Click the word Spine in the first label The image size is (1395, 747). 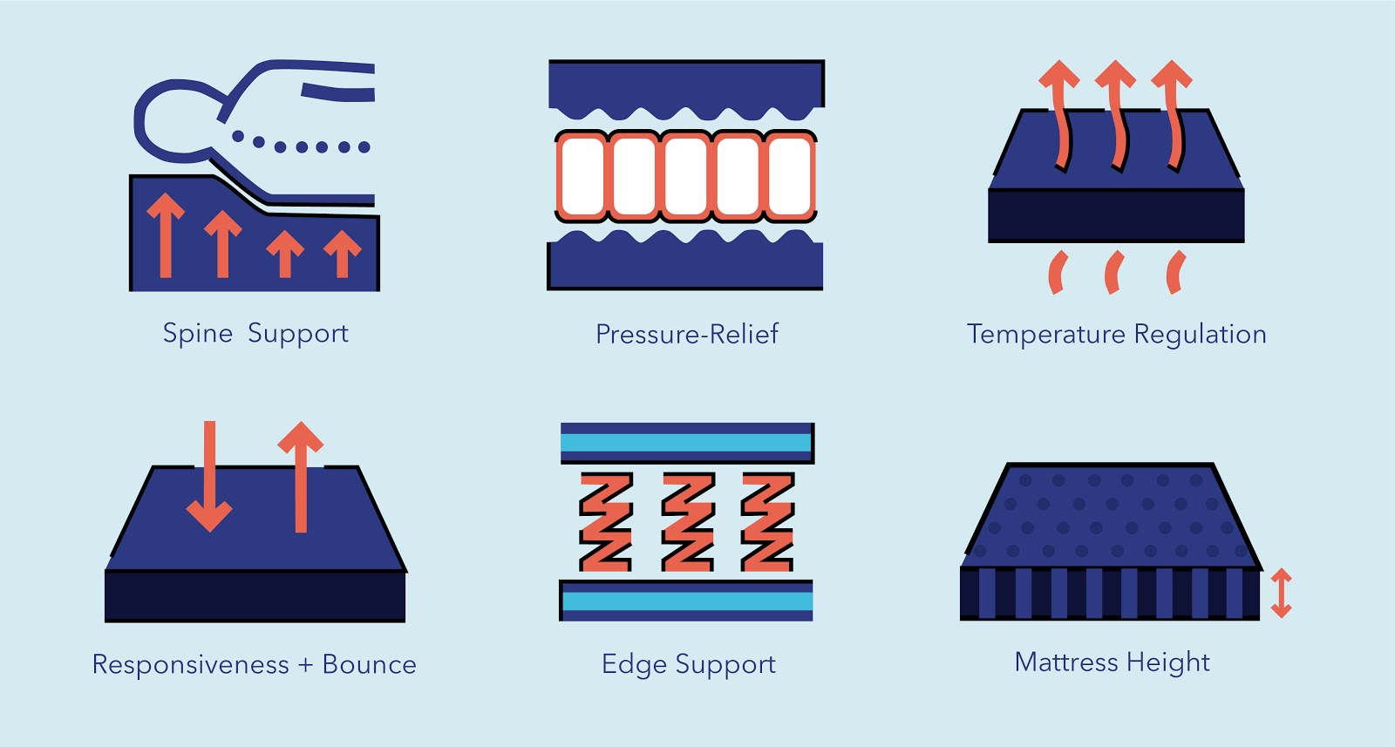tap(197, 335)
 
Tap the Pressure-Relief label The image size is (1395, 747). tap(687, 335)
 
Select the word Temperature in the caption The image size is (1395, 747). tap(1045, 335)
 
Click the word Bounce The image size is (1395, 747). tap(370, 664)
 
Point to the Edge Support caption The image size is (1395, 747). tap(688, 664)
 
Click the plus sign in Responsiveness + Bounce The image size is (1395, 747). tap(305, 665)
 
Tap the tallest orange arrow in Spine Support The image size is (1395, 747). tap(166, 235)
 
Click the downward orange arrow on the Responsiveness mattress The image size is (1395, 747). tap(209, 477)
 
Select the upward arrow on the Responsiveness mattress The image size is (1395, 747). tap(301, 477)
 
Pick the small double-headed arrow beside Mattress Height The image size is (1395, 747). tap(1281, 593)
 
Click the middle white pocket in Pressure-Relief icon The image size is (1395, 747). tap(685, 176)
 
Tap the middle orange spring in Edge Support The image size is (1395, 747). tap(688, 521)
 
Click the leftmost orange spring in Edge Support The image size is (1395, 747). tap(606, 521)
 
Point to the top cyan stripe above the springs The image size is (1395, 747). tap(686, 443)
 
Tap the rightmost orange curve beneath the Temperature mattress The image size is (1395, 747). tap(1176, 272)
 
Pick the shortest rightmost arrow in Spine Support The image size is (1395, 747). tap(342, 254)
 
